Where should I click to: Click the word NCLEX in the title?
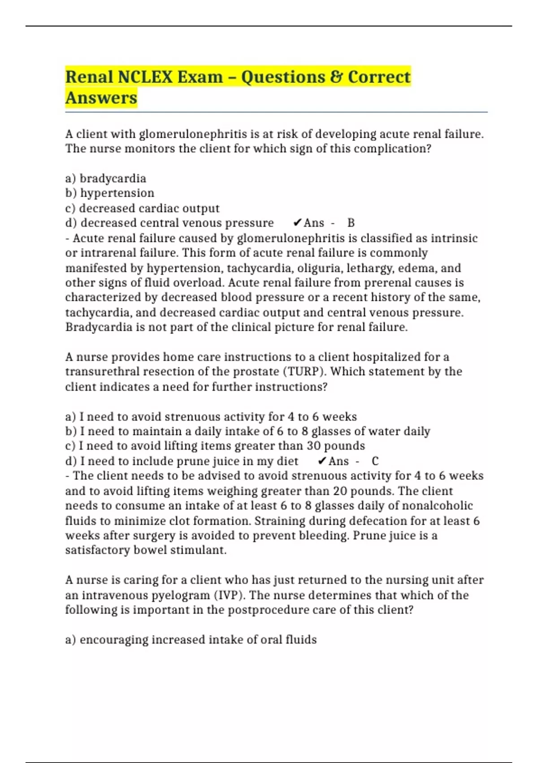(x=145, y=77)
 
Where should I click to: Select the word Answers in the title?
(x=101, y=98)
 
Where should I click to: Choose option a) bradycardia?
(x=106, y=179)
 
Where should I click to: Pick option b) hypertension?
(x=110, y=193)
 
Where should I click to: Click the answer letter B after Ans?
(x=351, y=223)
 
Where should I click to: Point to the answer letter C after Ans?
(x=375, y=461)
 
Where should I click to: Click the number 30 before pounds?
(x=313, y=446)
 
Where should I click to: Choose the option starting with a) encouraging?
(x=191, y=640)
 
